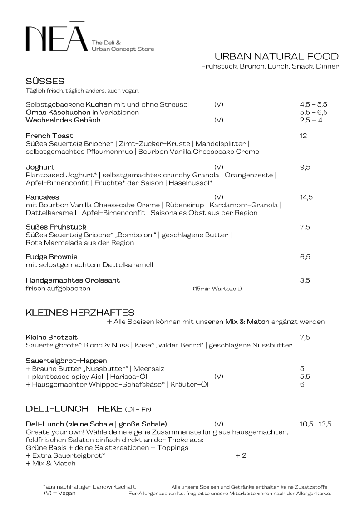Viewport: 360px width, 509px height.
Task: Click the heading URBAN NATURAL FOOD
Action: (276, 56)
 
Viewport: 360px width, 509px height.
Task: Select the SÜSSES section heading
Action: (45, 82)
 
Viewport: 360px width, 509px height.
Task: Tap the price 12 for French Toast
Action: (303, 136)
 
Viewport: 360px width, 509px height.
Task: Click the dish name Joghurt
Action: (40, 167)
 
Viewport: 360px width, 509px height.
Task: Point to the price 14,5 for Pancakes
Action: (306, 197)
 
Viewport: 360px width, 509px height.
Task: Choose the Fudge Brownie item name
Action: (51, 257)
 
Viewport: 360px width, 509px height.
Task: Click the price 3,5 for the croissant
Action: (305, 280)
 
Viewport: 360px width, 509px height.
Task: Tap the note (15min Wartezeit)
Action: (217, 289)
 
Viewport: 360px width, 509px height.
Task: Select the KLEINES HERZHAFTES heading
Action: (80, 313)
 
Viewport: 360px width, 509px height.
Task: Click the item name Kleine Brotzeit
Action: (51, 337)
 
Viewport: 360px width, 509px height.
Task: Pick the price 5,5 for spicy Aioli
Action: (305, 377)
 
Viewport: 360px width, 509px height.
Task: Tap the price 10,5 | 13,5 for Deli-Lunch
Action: (316, 424)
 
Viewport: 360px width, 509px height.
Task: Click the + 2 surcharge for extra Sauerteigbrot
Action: (241, 455)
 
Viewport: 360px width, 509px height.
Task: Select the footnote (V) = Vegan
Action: (59, 493)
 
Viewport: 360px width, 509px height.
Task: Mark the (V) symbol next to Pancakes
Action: (219, 197)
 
